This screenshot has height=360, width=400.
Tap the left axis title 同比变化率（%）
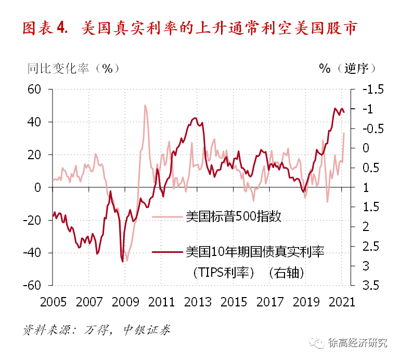(x=73, y=68)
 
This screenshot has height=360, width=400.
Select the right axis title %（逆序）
(x=347, y=68)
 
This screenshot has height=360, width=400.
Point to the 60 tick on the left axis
(x=34, y=89)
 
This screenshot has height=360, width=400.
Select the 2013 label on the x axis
(x=198, y=302)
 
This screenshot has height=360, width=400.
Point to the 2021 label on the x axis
(x=341, y=302)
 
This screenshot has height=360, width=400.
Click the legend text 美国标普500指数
(x=233, y=216)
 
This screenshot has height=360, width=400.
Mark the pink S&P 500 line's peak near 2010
(x=145, y=106)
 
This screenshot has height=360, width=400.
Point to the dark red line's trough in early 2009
(x=123, y=261)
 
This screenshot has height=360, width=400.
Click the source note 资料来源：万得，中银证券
(x=97, y=330)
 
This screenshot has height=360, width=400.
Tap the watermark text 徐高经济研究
(x=358, y=343)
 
